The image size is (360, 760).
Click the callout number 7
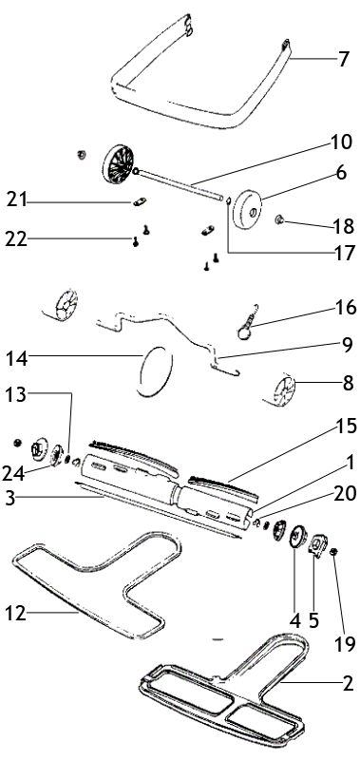343,59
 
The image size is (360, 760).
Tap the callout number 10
343,142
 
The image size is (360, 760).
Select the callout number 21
17,199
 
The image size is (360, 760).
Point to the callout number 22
17,238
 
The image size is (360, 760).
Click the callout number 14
17,359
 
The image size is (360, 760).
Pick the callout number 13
17,393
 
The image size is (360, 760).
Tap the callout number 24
13,473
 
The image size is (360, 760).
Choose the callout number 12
15,613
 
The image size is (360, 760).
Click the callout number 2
348,683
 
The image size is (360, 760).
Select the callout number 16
344,307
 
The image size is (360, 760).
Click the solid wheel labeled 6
247,211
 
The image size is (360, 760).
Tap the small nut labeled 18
279,220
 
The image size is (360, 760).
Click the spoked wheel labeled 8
284,390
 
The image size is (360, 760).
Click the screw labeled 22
136,241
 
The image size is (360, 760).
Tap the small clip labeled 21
140,201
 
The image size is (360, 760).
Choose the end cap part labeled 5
317,545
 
